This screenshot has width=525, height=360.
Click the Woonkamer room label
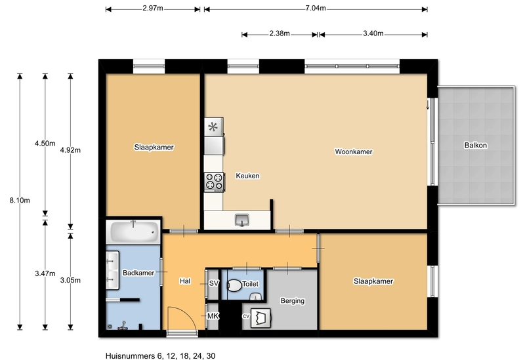(354, 151)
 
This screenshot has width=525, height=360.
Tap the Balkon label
(475, 145)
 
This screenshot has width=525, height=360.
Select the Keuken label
(247, 176)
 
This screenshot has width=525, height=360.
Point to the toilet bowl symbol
(235, 285)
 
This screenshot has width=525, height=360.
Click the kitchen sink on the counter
(241, 220)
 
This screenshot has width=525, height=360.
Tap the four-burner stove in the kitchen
(215, 182)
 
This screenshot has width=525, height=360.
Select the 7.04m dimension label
(316, 9)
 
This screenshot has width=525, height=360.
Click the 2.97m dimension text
(153, 9)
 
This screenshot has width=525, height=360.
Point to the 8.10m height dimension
(20, 201)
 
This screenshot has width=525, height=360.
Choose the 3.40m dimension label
(373, 33)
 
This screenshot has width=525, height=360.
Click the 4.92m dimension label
(70, 150)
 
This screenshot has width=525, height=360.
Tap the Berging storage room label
(292, 301)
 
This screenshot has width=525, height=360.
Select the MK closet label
(213, 316)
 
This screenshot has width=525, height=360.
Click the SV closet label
(214, 283)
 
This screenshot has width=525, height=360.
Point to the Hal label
(185, 281)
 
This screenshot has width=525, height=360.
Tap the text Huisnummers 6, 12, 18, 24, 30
(160, 356)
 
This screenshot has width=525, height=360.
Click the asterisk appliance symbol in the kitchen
(213, 127)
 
